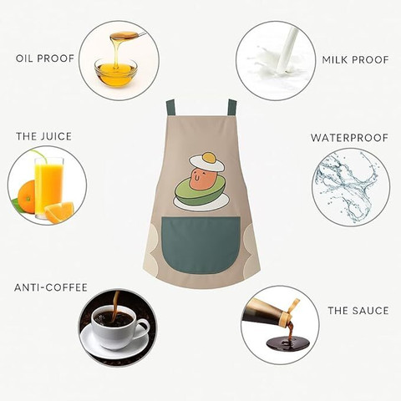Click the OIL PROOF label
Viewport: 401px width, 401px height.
coord(45,58)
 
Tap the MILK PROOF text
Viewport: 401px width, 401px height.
coord(355,59)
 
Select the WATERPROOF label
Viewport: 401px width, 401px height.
coord(349,138)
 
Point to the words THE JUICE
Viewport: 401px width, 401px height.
coord(44,136)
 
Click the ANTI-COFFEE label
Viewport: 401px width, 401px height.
coord(51,287)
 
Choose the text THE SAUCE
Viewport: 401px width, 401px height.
coord(358,311)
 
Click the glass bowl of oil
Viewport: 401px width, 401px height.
coord(115,72)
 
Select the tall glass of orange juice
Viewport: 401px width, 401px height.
coord(48,189)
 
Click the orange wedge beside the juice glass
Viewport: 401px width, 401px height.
coord(59,212)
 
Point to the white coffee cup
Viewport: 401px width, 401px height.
coord(118,327)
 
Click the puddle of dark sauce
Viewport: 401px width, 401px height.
coord(287,343)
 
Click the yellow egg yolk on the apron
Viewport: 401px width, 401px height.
coord(209,158)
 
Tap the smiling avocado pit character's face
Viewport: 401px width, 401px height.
coord(201,179)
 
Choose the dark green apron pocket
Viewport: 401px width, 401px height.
coord(200,245)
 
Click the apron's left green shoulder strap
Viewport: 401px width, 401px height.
coord(170,108)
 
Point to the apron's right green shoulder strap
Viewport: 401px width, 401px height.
coord(232,107)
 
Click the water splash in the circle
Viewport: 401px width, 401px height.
coord(348,185)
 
